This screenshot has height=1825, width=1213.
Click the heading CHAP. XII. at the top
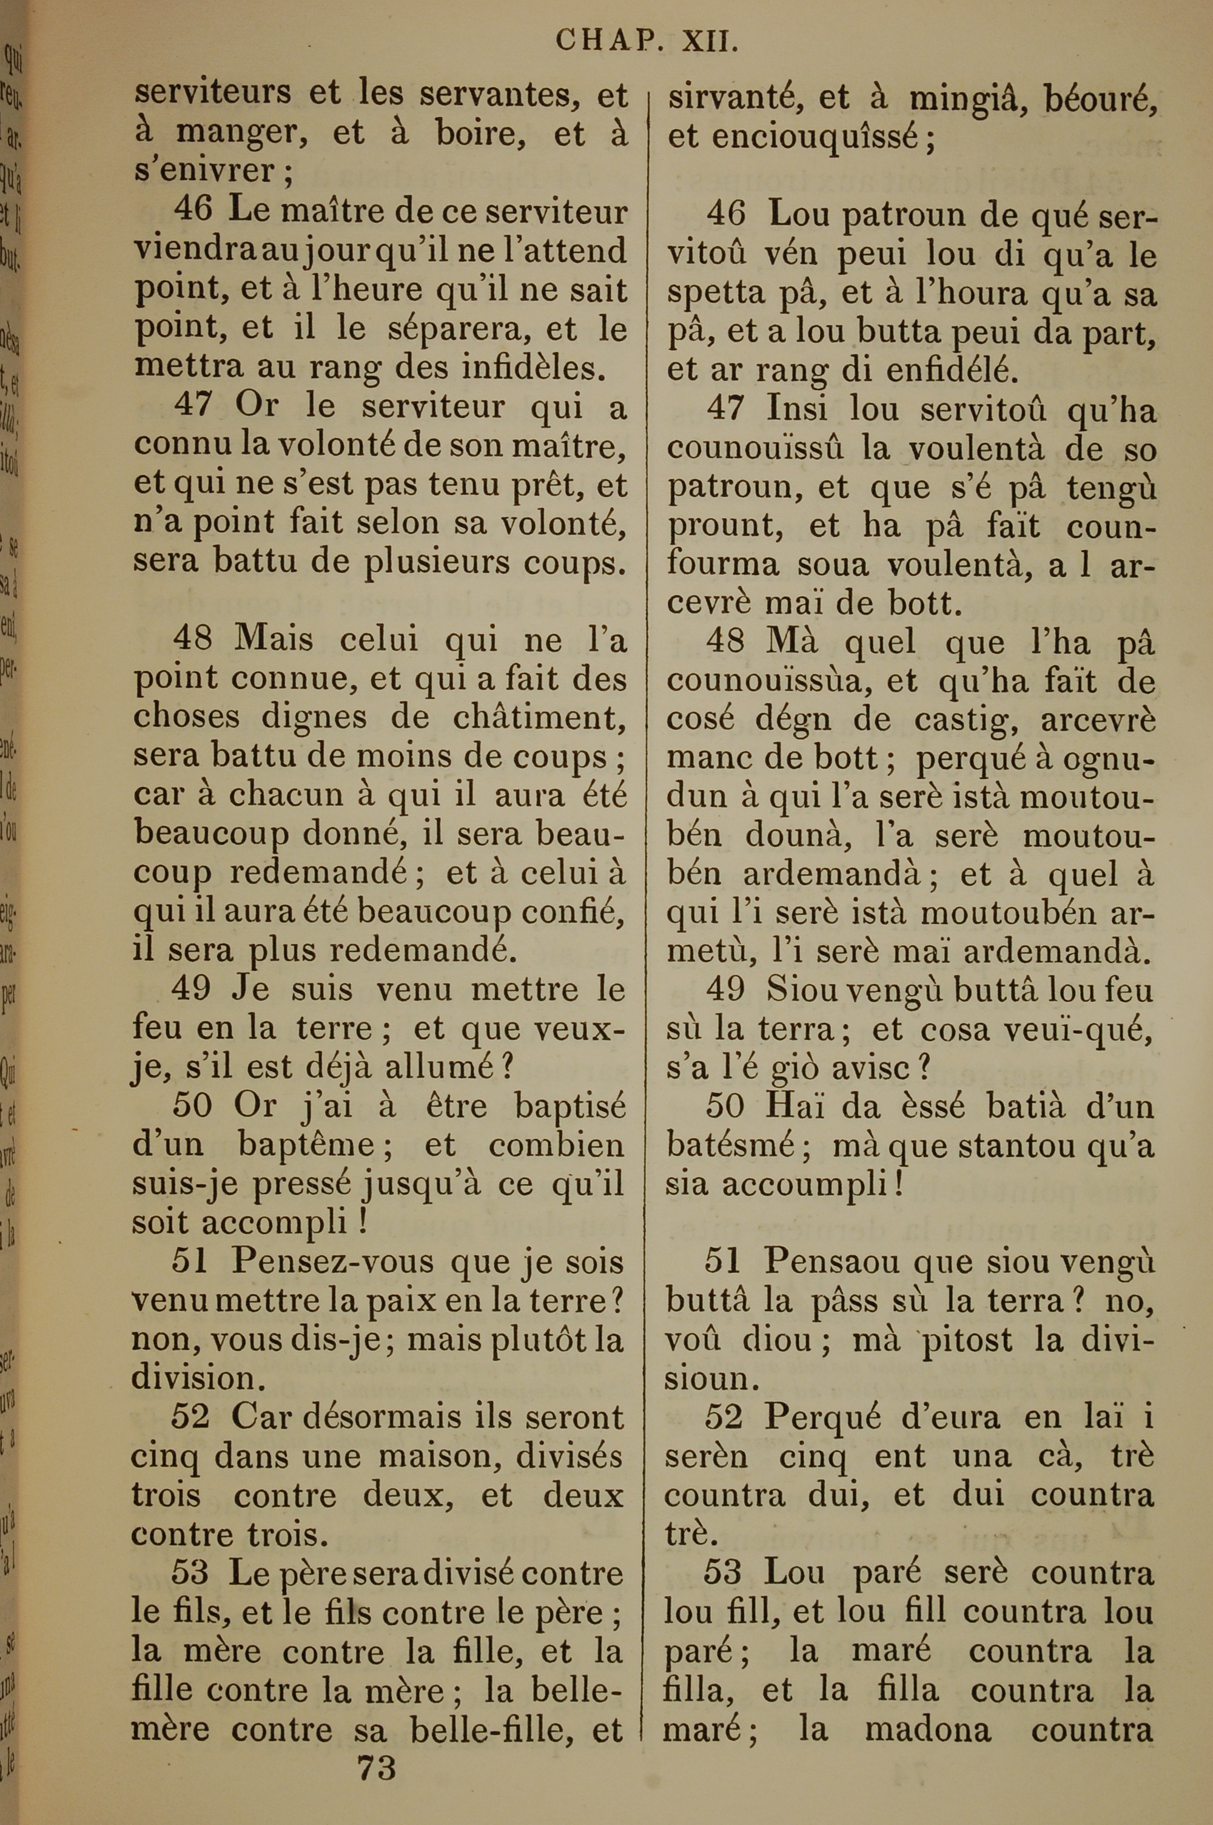tap(646, 40)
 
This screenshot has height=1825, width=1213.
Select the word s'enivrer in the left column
tap(204, 170)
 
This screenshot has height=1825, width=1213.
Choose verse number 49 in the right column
tap(725, 990)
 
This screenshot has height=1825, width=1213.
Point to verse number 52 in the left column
tap(190, 1417)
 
